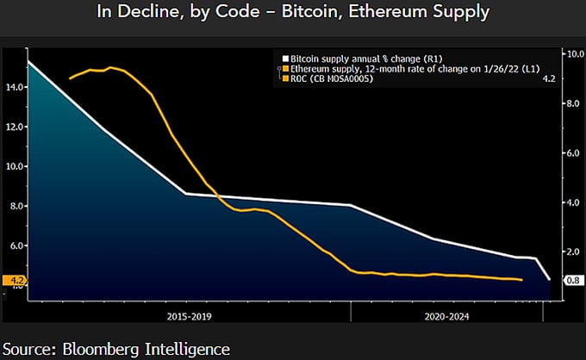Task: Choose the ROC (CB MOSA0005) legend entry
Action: pos(336,79)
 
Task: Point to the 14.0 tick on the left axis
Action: pos(13,87)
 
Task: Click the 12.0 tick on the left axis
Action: pos(13,127)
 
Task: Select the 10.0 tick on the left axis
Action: pos(13,166)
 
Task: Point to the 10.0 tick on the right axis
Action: pos(574,53)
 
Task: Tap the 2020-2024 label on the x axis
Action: pos(446,316)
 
